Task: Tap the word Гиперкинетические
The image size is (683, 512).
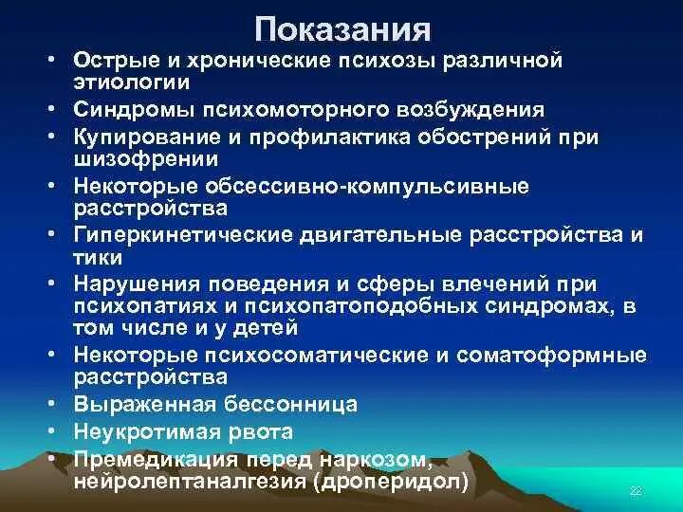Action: [x=175, y=232]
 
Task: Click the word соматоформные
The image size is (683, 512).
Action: [x=554, y=357]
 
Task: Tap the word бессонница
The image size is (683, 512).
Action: [x=294, y=404]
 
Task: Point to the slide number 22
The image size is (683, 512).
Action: [x=637, y=491]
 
